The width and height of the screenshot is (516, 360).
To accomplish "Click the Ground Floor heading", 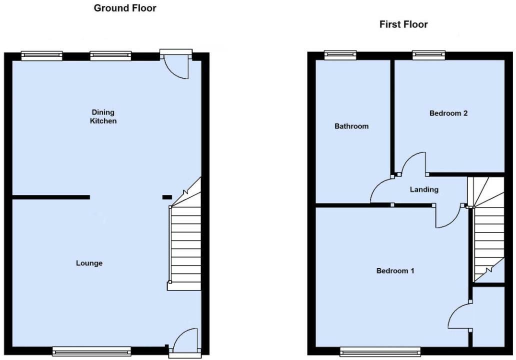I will pos(125,8).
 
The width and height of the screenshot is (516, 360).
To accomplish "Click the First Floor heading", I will pos(403,24).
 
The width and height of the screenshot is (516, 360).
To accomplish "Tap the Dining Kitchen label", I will pos(103,116).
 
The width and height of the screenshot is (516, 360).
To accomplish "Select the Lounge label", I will pos(89,263).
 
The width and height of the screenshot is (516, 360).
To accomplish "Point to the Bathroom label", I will pos(351,126).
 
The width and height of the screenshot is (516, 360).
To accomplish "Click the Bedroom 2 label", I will pos(448,113).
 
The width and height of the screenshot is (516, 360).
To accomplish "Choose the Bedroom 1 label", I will pos(395,271).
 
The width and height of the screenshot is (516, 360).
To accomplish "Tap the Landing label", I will pos(424,189).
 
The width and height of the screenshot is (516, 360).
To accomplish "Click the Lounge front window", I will pos(91,351).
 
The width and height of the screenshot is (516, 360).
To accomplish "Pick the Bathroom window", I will pos(340,55).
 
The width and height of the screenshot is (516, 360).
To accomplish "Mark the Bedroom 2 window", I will pos(428,55).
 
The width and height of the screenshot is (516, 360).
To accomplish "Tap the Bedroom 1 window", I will pos(380,352).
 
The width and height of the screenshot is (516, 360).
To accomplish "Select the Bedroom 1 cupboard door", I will pos(459,317).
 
